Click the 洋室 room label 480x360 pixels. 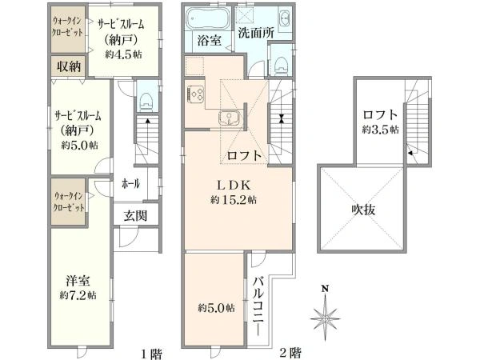(78, 281)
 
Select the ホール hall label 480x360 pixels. (131, 183)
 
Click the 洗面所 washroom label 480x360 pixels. (256, 34)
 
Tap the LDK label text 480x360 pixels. (232, 185)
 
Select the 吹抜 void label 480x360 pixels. (364, 209)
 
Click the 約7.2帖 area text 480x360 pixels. (78, 295)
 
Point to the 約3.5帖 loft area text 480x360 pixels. (379, 128)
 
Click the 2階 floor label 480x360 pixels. (289, 351)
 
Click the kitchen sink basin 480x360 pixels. (230, 120)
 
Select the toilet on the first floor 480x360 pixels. (146, 99)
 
